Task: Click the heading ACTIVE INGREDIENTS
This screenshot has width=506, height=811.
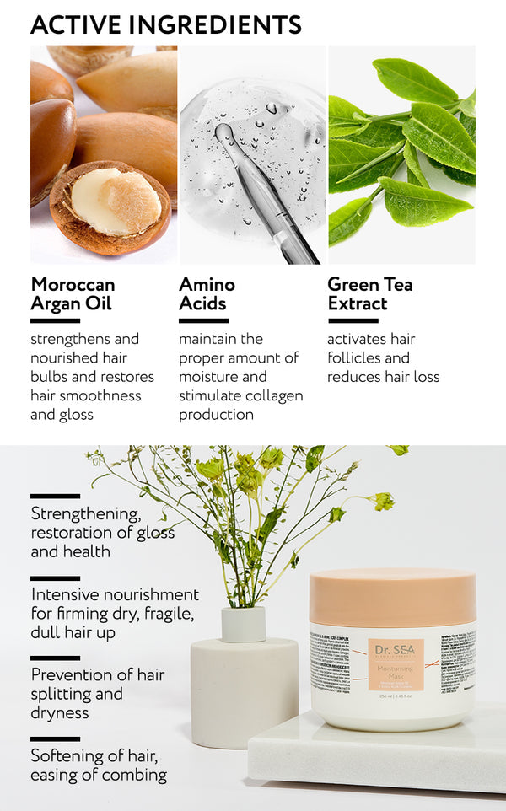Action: [166, 24]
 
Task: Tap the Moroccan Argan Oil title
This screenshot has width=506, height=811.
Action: [73, 293]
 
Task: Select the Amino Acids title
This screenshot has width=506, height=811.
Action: [207, 293]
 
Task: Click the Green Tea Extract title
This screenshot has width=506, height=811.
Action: [369, 293]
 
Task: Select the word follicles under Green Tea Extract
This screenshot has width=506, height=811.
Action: [357, 357]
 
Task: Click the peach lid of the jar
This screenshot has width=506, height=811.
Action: [392, 597]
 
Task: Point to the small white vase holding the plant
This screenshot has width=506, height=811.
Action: [243, 624]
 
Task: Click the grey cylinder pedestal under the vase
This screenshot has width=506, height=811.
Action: [245, 691]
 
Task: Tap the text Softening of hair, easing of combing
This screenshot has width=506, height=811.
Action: [99, 765]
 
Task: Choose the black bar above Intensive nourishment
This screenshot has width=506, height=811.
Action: [55, 578]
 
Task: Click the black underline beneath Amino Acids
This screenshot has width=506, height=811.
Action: [203, 320]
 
